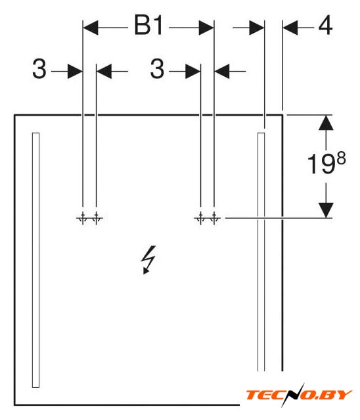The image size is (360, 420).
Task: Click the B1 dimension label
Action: point(148,26)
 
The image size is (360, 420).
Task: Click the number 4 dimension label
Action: point(325,26)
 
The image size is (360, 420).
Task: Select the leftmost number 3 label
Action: point(39,69)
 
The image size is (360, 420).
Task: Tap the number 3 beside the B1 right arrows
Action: point(157,69)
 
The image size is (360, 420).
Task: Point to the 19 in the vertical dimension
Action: point(321,164)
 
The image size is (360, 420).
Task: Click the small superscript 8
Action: point(341,158)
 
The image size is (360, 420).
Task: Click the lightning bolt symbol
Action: point(148,260)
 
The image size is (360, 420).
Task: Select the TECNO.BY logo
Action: point(298,395)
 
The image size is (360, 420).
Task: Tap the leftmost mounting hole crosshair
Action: point(82,218)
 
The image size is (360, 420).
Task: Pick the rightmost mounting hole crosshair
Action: point(214,218)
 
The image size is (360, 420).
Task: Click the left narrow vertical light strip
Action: point(36,260)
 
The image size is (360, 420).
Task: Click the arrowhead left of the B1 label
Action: point(91,28)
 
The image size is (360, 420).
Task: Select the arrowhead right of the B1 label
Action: point(206,28)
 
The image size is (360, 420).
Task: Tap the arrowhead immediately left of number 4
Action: point(290,28)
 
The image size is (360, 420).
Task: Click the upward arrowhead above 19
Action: point(326,123)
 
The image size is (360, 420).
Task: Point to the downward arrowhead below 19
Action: point(326,210)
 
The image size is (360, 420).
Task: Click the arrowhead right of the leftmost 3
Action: point(75,71)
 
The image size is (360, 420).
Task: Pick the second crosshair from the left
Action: point(96,218)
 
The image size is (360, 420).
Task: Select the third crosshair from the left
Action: point(200,218)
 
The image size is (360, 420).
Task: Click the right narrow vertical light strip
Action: point(261,252)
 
